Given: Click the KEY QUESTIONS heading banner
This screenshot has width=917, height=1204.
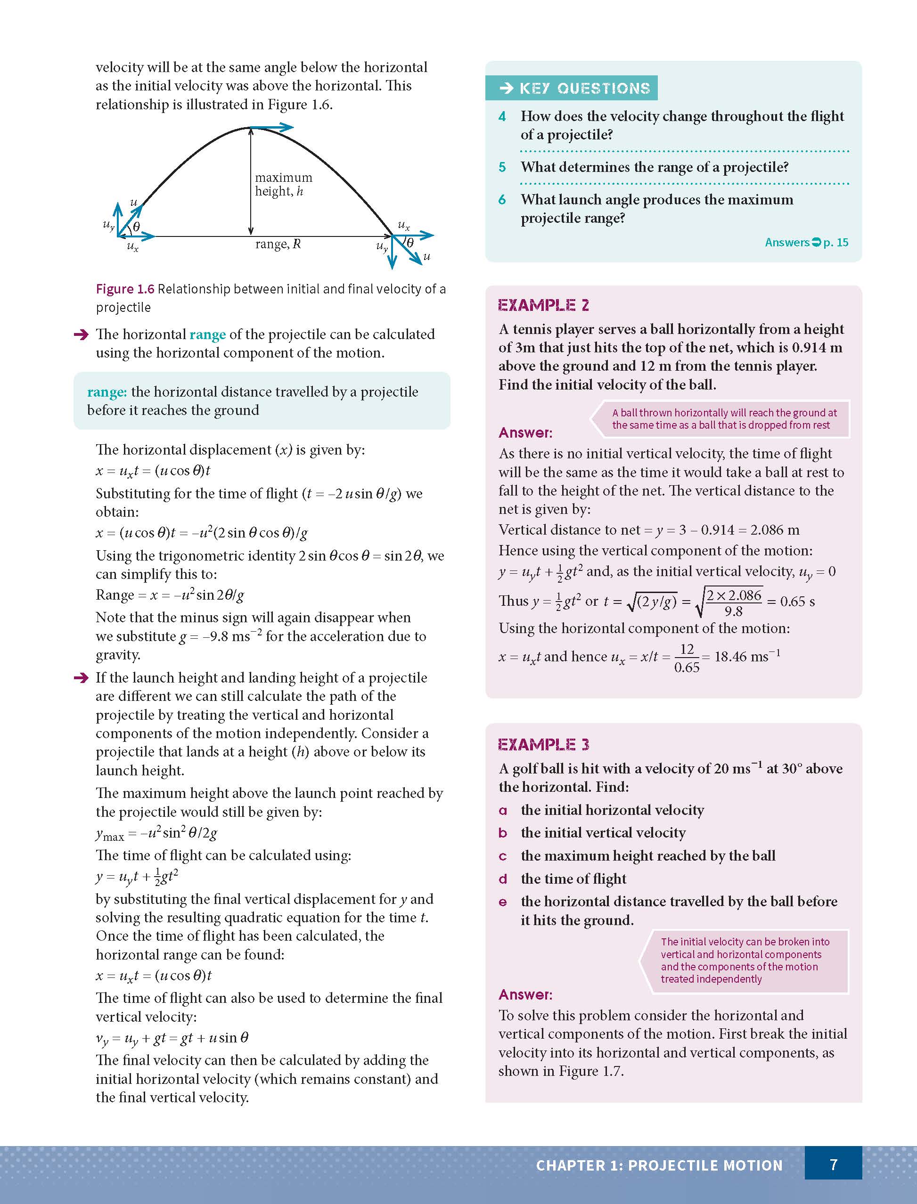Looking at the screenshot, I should [x=572, y=88].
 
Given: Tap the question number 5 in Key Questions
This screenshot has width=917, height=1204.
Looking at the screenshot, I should [x=502, y=167].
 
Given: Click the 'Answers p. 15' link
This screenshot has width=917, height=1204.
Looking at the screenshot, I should [x=806, y=242].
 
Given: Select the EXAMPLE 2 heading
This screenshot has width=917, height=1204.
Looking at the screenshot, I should [x=543, y=305].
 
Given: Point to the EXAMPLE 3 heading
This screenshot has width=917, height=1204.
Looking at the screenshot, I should [x=543, y=744].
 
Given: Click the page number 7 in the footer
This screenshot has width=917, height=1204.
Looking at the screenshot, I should [x=833, y=1165].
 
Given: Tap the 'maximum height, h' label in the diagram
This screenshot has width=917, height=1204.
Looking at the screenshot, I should [x=283, y=184].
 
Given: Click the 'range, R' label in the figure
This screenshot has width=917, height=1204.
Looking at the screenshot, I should [x=278, y=244].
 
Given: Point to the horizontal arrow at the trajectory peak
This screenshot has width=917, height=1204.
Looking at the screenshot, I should [x=272, y=128].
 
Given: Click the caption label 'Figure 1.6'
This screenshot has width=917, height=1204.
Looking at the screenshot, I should [x=125, y=289].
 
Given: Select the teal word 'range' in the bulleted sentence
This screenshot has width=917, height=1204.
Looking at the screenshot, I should [x=207, y=334].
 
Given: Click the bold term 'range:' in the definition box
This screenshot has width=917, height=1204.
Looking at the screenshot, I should [x=107, y=392].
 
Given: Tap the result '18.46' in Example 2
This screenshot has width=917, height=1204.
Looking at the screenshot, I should [x=731, y=656].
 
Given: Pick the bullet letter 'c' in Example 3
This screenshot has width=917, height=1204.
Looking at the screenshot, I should [x=503, y=856].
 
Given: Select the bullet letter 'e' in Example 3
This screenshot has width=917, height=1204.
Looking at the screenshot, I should [x=503, y=902].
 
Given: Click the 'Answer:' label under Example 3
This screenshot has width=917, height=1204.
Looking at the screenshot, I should [x=525, y=994].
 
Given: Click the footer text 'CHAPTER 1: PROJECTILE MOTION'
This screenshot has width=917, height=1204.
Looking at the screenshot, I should [x=659, y=1165].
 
